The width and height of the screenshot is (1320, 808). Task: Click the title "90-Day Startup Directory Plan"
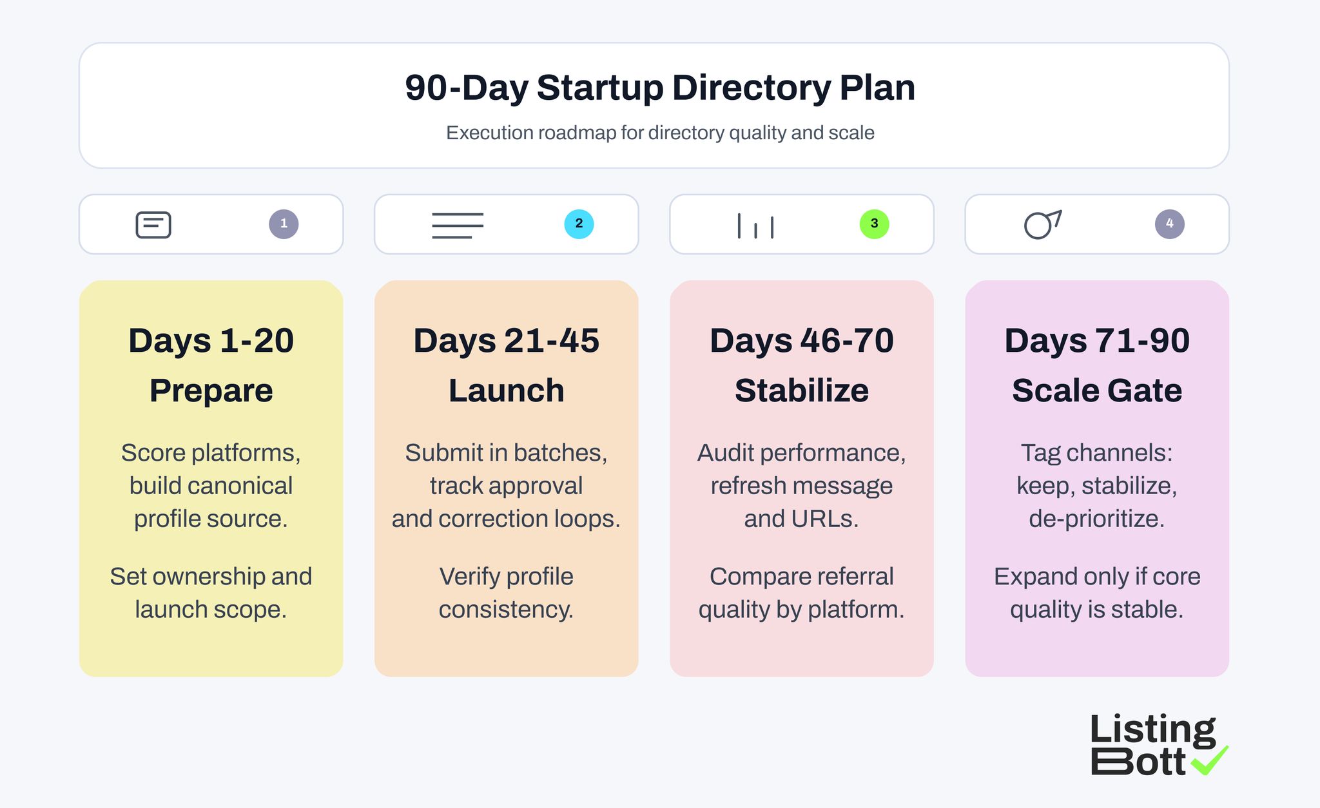pyautogui.click(x=660, y=88)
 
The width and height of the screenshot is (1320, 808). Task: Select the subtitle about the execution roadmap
pyautogui.click(x=660, y=133)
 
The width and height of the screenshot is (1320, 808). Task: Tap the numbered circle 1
pyautogui.click(x=284, y=224)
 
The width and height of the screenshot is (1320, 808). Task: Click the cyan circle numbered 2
pyautogui.click(x=579, y=224)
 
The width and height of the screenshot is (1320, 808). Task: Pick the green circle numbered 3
pyautogui.click(x=874, y=224)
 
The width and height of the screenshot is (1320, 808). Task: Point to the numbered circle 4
pyautogui.click(x=1169, y=224)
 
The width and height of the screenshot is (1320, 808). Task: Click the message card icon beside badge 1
pyautogui.click(x=153, y=225)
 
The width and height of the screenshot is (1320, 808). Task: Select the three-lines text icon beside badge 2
pyautogui.click(x=458, y=226)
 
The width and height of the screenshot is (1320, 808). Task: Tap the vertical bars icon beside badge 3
pyautogui.click(x=755, y=226)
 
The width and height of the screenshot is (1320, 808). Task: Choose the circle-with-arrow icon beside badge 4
pyautogui.click(x=1042, y=224)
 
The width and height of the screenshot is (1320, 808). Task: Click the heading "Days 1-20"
pyautogui.click(x=211, y=340)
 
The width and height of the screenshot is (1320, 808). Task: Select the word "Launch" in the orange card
pyautogui.click(x=506, y=390)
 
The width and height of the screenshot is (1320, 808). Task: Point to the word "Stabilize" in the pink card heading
pyautogui.click(x=801, y=390)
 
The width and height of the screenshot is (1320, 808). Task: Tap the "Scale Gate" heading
pyautogui.click(x=1096, y=390)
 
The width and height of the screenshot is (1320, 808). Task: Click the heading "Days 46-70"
pyautogui.click(x=801, y=340)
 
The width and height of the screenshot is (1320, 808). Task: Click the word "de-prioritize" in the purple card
pyautogui.click(x=1096, y=519)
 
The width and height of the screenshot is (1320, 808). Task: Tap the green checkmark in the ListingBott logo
pyautogui.click(x=1210, y=760)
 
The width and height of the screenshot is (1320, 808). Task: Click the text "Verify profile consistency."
pyautogui.click(x=506, y=593)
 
